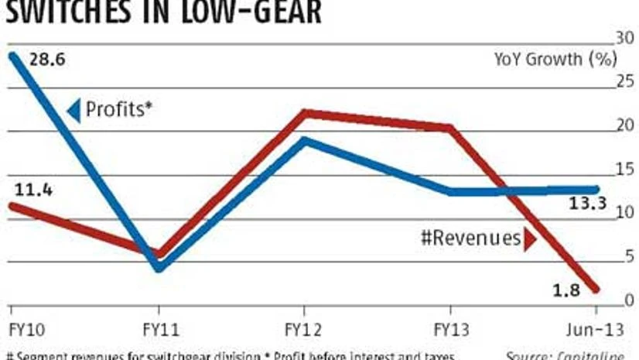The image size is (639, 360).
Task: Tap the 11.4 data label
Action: [30, 190]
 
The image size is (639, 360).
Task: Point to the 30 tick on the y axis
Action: [624, 38]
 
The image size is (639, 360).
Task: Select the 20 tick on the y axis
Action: [624, 125]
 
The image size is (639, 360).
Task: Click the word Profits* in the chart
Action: [115, 110]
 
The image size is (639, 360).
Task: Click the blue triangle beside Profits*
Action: [73, 111]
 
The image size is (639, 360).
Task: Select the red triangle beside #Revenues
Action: [530, 239]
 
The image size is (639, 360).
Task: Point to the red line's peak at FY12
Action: [306, 113]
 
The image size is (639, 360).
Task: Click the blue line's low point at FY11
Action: [159, 267]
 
